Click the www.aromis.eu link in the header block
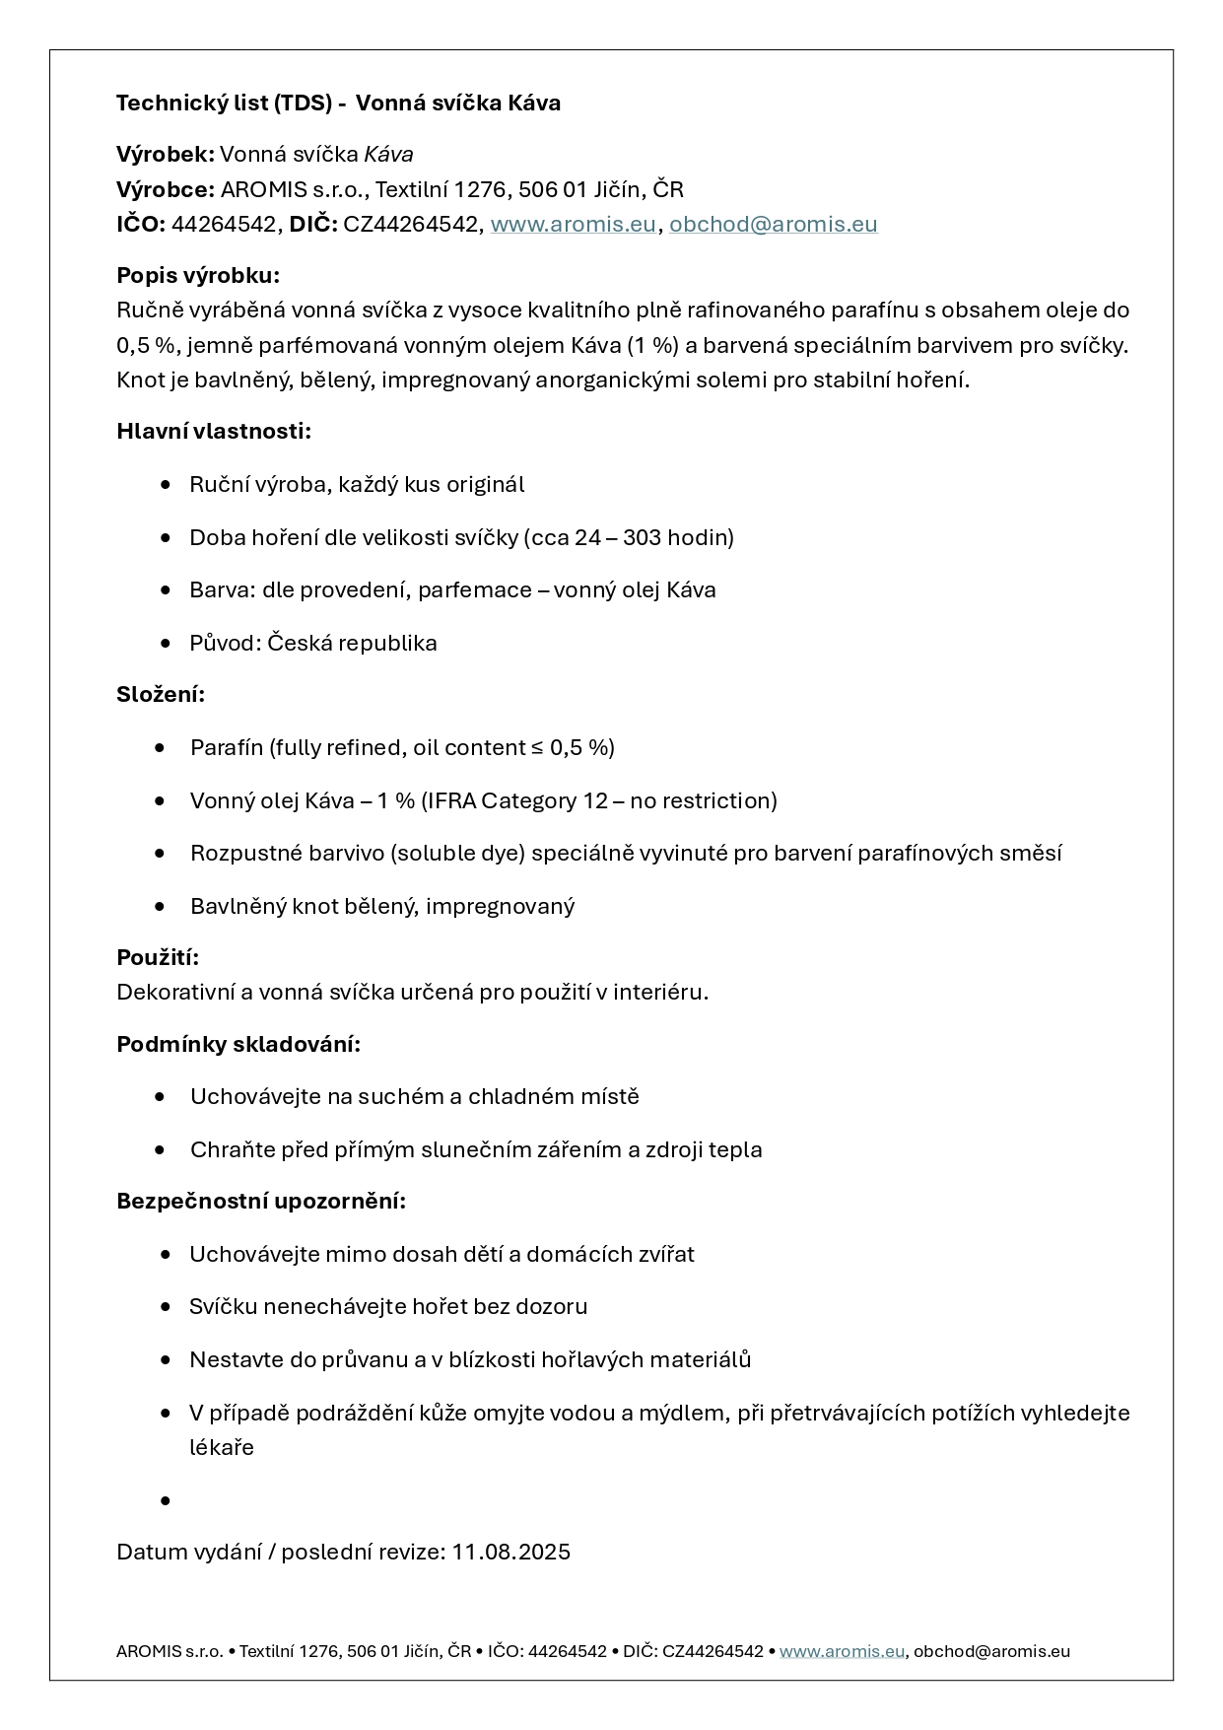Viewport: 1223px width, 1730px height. [x=573, y=225]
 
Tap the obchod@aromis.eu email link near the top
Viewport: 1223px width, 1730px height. [x=773, y=225]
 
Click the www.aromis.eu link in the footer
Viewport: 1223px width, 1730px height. [x=842, y=1651]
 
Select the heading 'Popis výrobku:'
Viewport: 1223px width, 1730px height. [x=198, y=275]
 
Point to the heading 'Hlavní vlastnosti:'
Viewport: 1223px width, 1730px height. [x=214, y=432]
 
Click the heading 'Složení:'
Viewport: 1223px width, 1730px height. [x=161, y=694]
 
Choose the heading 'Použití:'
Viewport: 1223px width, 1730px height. [x=158, y=957]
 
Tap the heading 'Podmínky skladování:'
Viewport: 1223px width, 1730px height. [x=238, y=1044]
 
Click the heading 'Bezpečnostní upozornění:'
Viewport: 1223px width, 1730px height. [x=261, y=1201]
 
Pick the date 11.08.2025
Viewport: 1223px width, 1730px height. [x=510, y=1552]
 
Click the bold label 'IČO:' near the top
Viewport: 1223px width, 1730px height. [x=141, y=225]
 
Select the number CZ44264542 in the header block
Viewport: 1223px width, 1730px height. [x=410, y=225]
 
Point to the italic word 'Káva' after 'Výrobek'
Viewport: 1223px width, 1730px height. [x=388, y=155]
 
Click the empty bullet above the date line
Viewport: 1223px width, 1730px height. [x=166, y=1500]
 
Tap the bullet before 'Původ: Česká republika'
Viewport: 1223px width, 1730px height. [x=166, y=644]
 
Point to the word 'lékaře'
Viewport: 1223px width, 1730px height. [x=222, y=1447]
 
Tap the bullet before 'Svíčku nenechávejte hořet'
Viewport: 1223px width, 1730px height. [x=166, y=1307]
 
